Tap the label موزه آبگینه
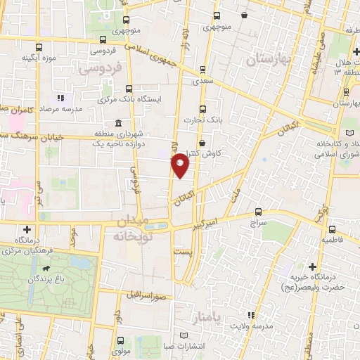pos(38,57)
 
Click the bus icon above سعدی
pos(202,70)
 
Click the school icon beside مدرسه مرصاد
pos(61,98)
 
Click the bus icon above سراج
pos(258,212)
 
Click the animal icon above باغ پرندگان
pos(46,269)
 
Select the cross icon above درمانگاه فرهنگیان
pos(27,229)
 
